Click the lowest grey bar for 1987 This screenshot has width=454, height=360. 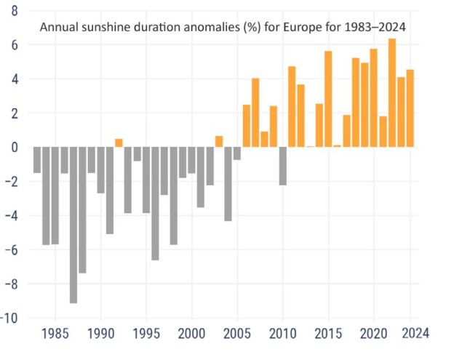point(73,225)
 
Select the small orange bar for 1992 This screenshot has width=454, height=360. point(119,143)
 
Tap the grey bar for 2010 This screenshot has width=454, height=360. point(283,166)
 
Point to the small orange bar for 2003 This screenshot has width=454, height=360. point(219,142)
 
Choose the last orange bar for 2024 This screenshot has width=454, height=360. point(410,108)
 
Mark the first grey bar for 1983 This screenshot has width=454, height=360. point(37,160)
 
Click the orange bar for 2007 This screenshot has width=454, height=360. point(255,113)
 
